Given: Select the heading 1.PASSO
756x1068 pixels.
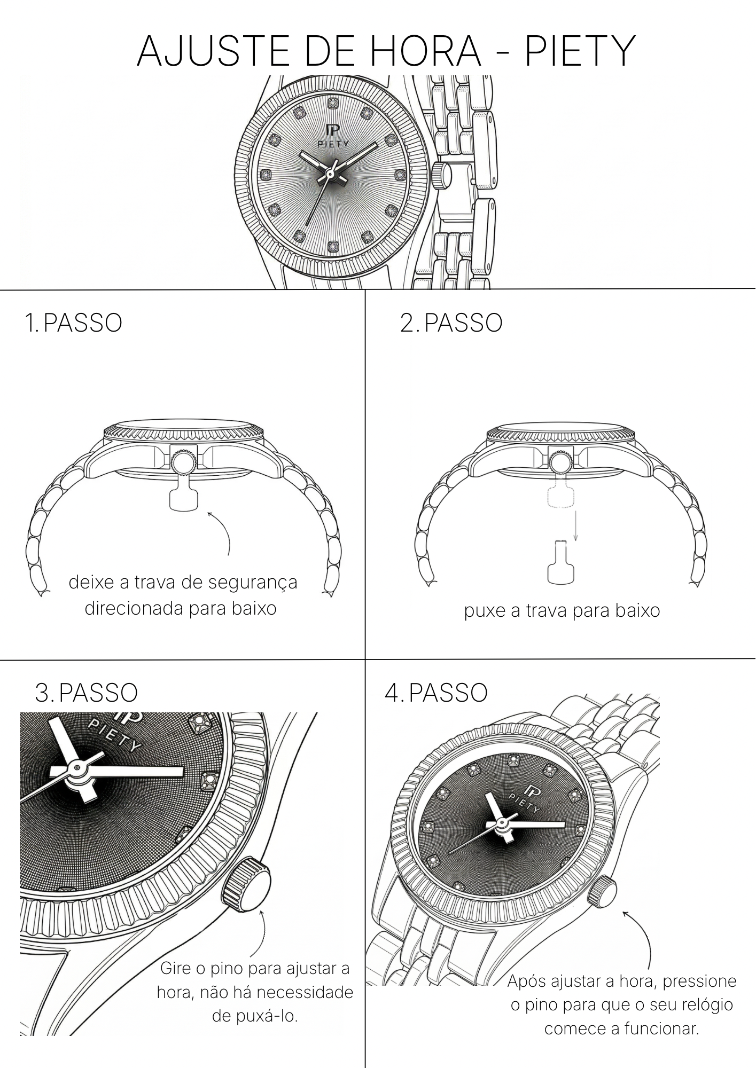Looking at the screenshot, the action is tap(74, 323).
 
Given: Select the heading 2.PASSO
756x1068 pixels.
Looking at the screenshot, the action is tap(451, 323).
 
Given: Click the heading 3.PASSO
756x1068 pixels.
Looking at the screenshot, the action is tap(87, 693).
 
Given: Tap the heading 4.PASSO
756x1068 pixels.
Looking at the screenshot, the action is tap(436, 693).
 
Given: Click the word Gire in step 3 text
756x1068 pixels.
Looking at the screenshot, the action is tap(176, 968).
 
